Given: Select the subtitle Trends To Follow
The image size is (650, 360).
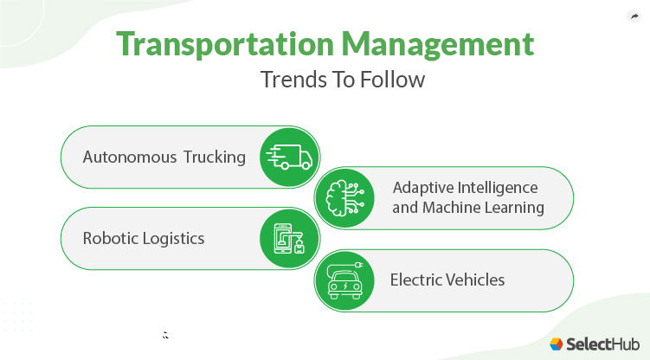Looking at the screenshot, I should pyautogui.click(x=343, y=80).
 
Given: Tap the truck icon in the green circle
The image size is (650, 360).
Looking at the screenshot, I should pyautogui.click(x=290, y=157).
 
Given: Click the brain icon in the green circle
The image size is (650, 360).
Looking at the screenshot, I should pyautogui.click(x=344, y=198).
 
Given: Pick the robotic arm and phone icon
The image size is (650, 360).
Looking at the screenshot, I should pyautogui.click(x=290, y=239).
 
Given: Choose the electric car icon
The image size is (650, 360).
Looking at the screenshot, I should pyautogui.click(x=344, y=280).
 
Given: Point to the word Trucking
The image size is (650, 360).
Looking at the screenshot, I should pyautogui.click(x=214, y=157).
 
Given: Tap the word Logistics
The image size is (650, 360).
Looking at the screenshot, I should pyautogui.click(x=176, y=239).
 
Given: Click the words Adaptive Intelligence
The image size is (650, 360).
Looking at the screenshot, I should pyautogui.click(x=465, y=188).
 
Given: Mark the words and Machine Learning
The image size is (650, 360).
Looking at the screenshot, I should pyautogui.click(x=468, y=208).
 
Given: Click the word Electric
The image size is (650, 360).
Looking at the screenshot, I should pyautogui.click(x=416, y=280).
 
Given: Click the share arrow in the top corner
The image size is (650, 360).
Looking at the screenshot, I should pyautogui.click(x=632, y=16).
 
